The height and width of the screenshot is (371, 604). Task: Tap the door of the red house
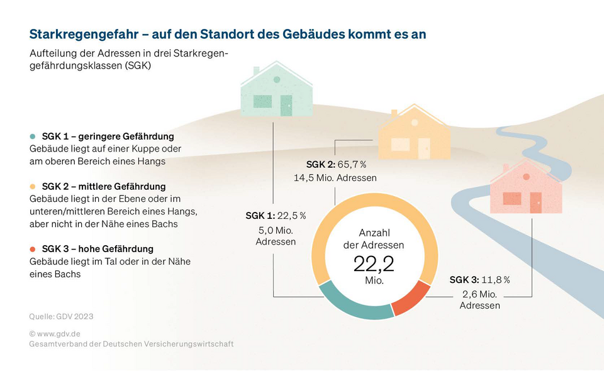coord(535,202)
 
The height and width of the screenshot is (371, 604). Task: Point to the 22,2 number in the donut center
coord(374,264)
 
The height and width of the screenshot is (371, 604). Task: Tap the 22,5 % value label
coord(291,216)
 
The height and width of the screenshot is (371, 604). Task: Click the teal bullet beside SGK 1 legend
coord(33,136)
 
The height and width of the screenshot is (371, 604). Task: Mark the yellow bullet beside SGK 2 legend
coord(33,187)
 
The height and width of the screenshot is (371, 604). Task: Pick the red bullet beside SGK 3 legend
coord(33,249)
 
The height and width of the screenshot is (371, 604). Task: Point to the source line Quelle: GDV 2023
coord(61,316)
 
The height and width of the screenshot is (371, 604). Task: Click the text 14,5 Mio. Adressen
coord(335,178)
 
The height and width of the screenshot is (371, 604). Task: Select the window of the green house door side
coord(262,101)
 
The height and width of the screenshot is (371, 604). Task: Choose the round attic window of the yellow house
coord(414,123)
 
